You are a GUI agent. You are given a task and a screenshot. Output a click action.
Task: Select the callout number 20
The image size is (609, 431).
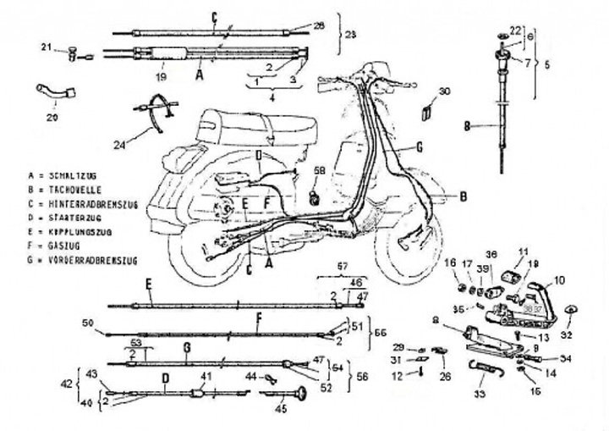(x=52, y=118)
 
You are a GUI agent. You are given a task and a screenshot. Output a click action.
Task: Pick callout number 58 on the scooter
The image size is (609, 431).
(x=319, y=173)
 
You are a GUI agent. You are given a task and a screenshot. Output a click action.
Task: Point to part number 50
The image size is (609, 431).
(x=85, y=323)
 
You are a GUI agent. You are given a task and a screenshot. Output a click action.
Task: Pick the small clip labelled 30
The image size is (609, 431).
(x=427, y=111)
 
